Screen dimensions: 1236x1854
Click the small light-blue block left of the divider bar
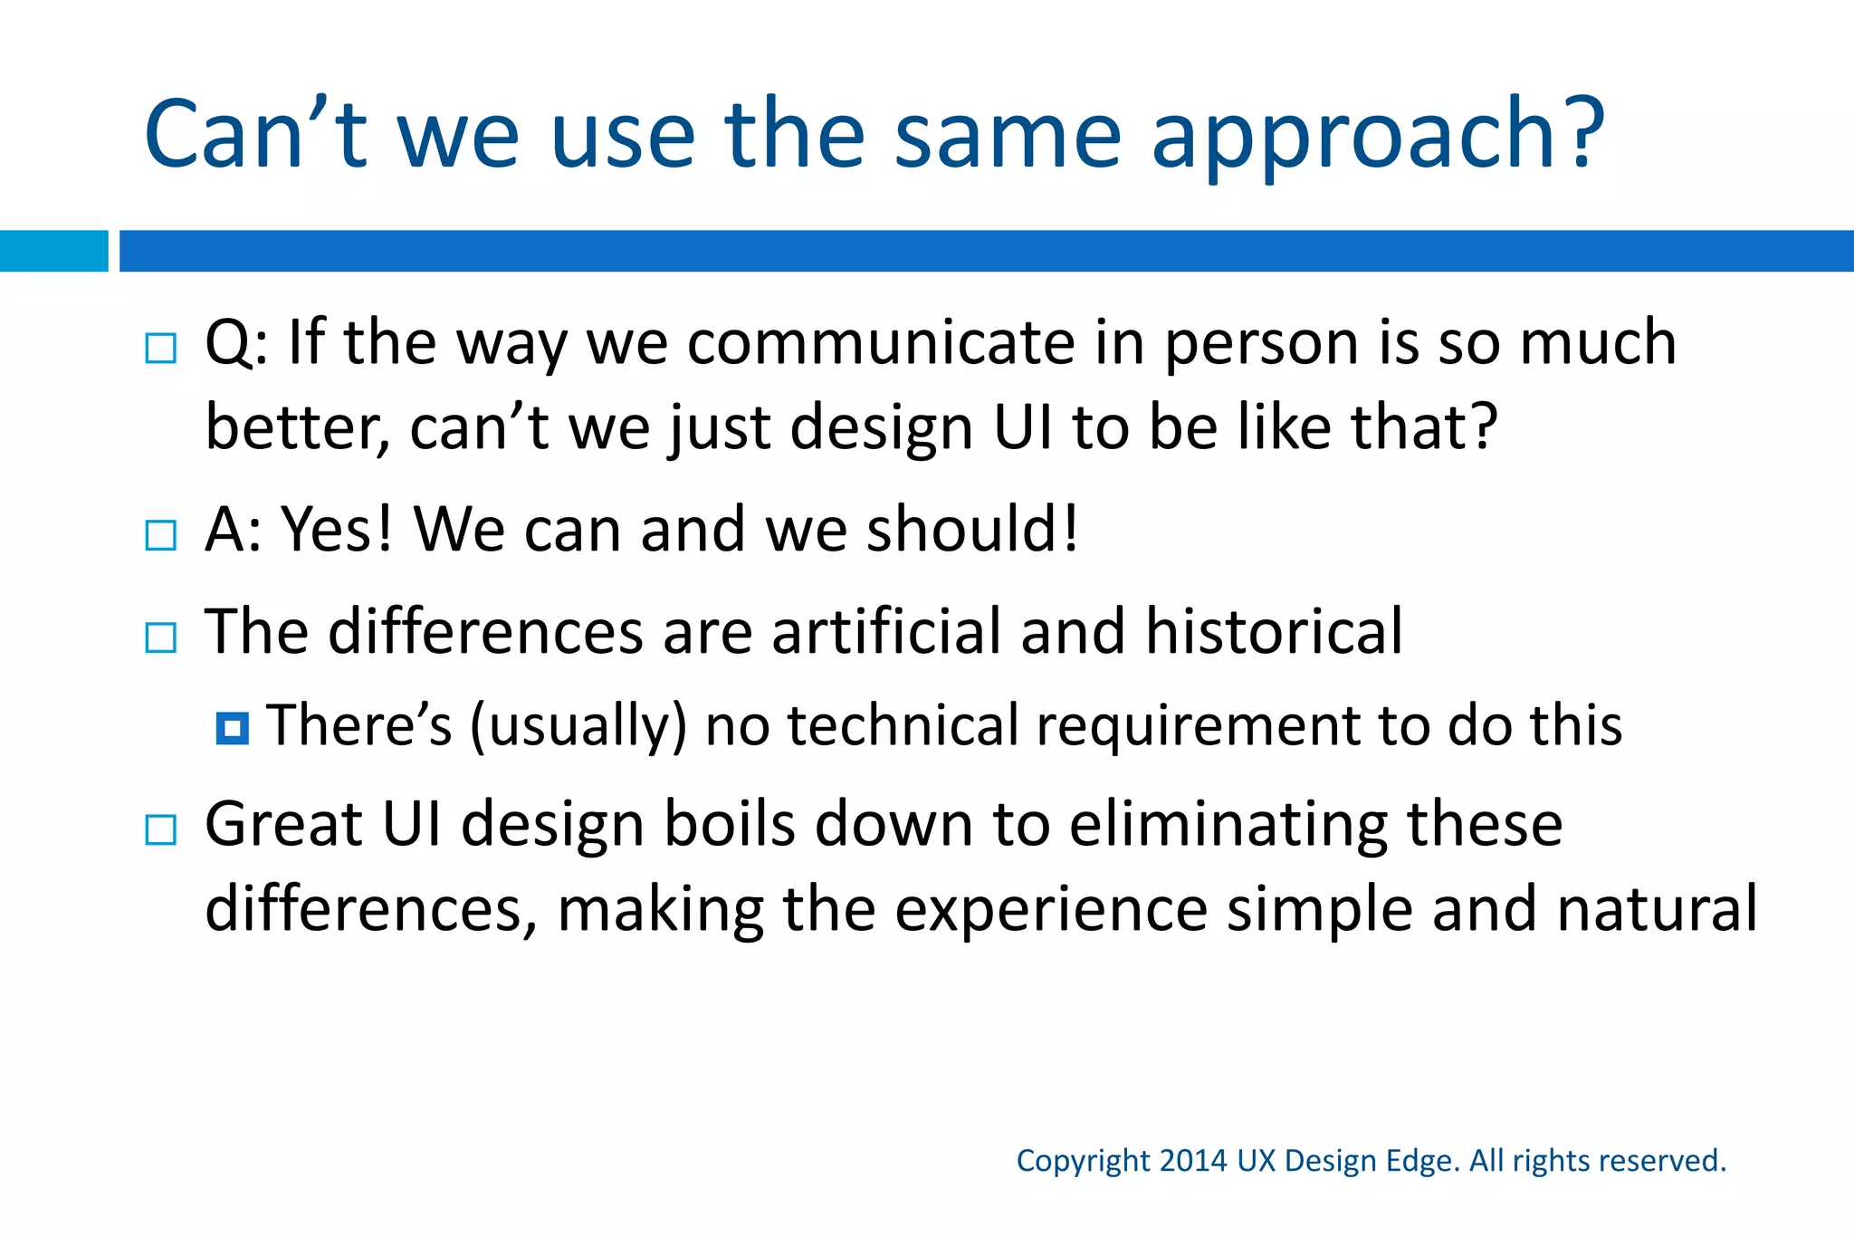(53, 251)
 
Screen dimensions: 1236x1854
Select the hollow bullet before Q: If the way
(161, 348)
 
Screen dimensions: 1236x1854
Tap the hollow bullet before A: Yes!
(161, 535)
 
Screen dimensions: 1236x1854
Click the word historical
(1274, 631)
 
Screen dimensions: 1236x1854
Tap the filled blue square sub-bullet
(233, 728)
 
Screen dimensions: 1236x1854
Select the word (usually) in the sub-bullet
(578, 727)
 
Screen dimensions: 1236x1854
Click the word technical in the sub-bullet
(903, 725)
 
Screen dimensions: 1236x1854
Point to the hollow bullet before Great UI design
(161, 829)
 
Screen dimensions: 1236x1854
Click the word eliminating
(1228, 825)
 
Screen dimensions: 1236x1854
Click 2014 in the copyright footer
(1193, 1161)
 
